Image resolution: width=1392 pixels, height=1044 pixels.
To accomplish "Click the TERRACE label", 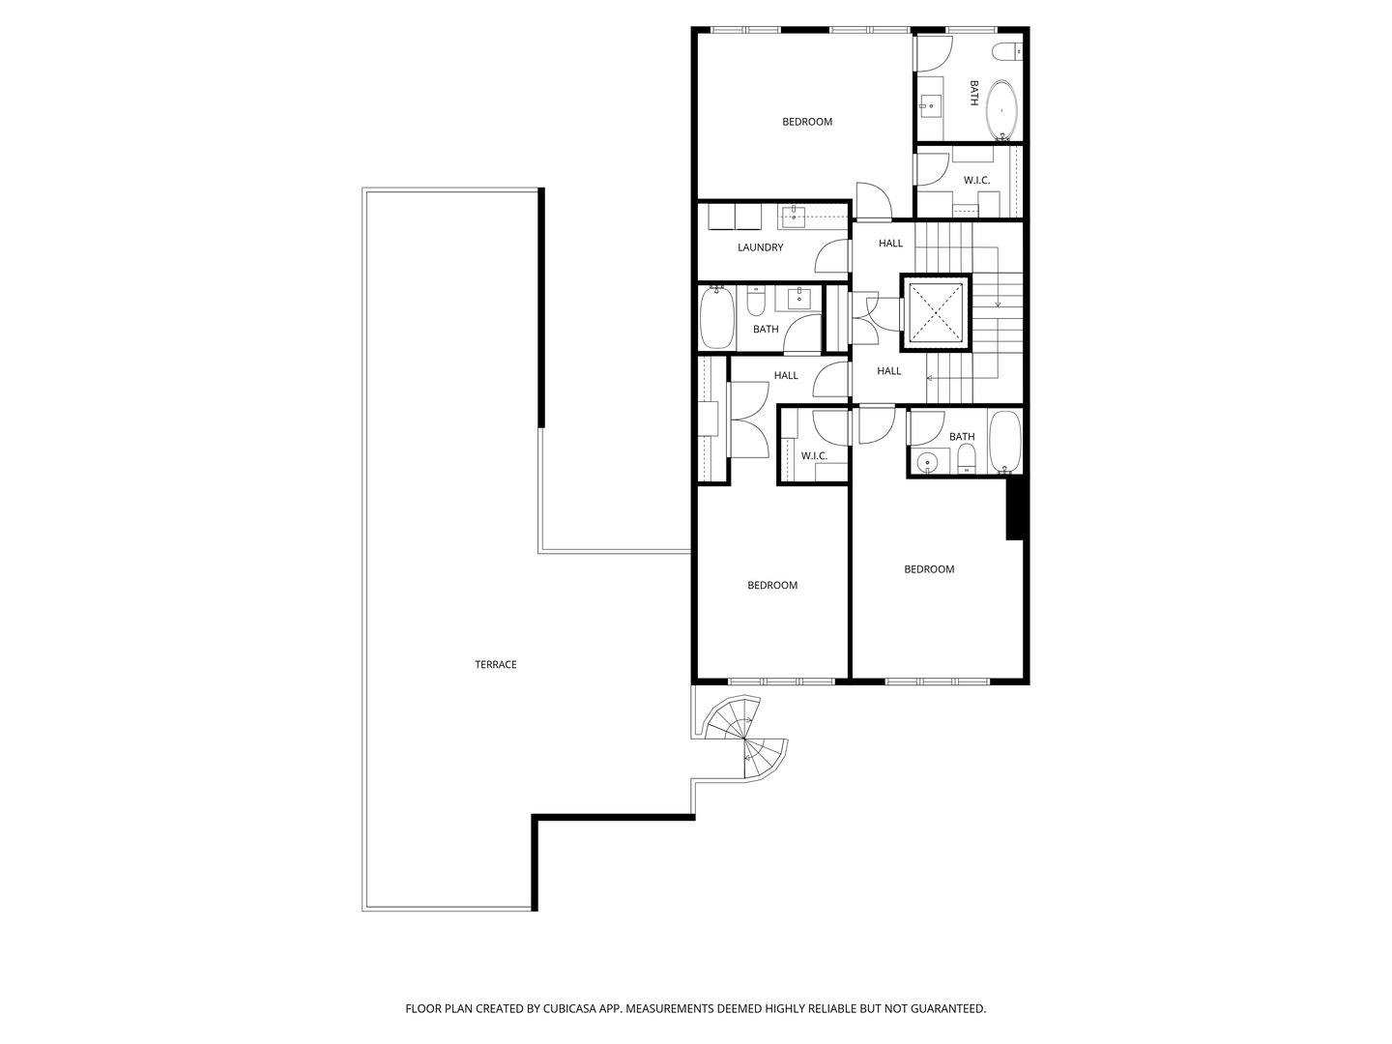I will pyautogui.click(x=495, y=664).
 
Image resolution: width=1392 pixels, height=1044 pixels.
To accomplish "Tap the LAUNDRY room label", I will pyautogui.click(x=760, y=247).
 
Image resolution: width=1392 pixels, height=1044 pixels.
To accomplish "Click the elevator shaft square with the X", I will pyautogui.click(x=934, y=311).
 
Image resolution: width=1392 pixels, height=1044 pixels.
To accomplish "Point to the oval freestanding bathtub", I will pyautogui.click(x=1001, y=111).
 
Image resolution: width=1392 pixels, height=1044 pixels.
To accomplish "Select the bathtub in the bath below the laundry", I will pyautogui.click(x=716, y=319).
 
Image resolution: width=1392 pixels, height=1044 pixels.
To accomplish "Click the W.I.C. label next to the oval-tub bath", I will pyautogui.click(x=976, y=181).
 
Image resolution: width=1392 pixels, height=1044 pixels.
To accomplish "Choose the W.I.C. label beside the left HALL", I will pyautogui.click(x=814, y=455).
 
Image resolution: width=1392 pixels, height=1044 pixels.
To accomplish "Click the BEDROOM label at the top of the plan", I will pyautogui.click(x=806, y=122).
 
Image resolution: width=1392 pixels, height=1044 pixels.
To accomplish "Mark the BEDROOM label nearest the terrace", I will pyautogui.click(x=771, y=585).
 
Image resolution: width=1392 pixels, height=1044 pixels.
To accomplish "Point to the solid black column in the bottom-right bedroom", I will pyautogui.click(x=1015, y=509).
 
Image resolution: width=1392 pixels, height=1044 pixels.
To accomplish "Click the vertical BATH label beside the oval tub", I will pyautogui.click(x=973, y=93).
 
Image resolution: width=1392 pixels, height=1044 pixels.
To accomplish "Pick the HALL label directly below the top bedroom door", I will pyautogui.click(x=890, y=244).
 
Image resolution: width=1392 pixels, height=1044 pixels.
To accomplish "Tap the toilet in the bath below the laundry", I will pyautogui.click(x=756, y=304).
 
